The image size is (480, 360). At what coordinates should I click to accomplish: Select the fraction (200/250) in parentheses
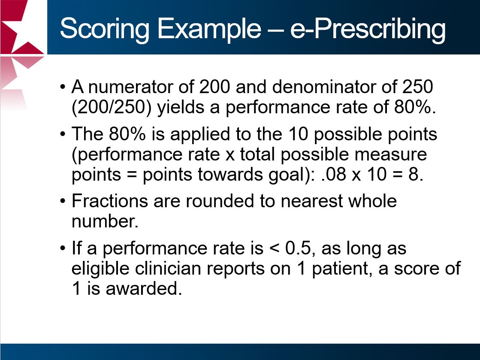tap(112, 108)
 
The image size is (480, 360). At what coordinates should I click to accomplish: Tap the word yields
tap(181, 108)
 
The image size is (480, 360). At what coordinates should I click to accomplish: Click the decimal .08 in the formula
tap(334, 175)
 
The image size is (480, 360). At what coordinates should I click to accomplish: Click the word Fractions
tap(109, 201)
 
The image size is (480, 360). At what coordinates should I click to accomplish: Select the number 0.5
tap(298, 248)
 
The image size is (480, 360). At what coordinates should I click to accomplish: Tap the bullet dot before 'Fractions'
tap(63, 201)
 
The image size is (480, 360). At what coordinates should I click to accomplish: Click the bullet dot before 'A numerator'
tap(63, 87)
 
